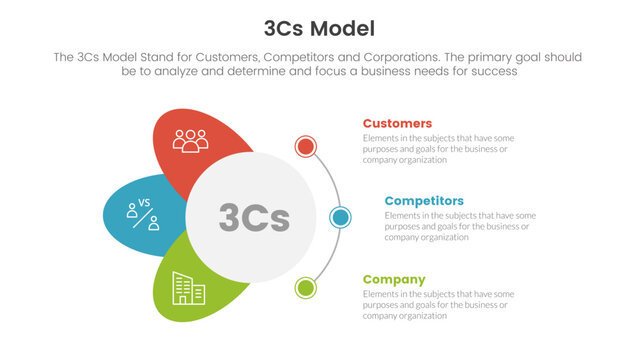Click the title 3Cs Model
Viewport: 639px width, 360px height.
point(319,26)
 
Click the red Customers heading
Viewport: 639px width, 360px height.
point(397,123)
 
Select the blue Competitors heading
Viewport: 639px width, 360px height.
point(423,200)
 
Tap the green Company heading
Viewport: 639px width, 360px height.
point(393,279)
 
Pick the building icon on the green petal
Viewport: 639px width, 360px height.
point(188,288)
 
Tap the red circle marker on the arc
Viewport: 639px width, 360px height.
point(306,147)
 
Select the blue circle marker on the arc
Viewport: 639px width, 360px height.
point(340,217)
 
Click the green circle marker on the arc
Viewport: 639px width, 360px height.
point(306,288)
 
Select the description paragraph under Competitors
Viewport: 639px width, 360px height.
point(460,226)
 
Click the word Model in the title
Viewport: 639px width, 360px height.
point(351,26)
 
